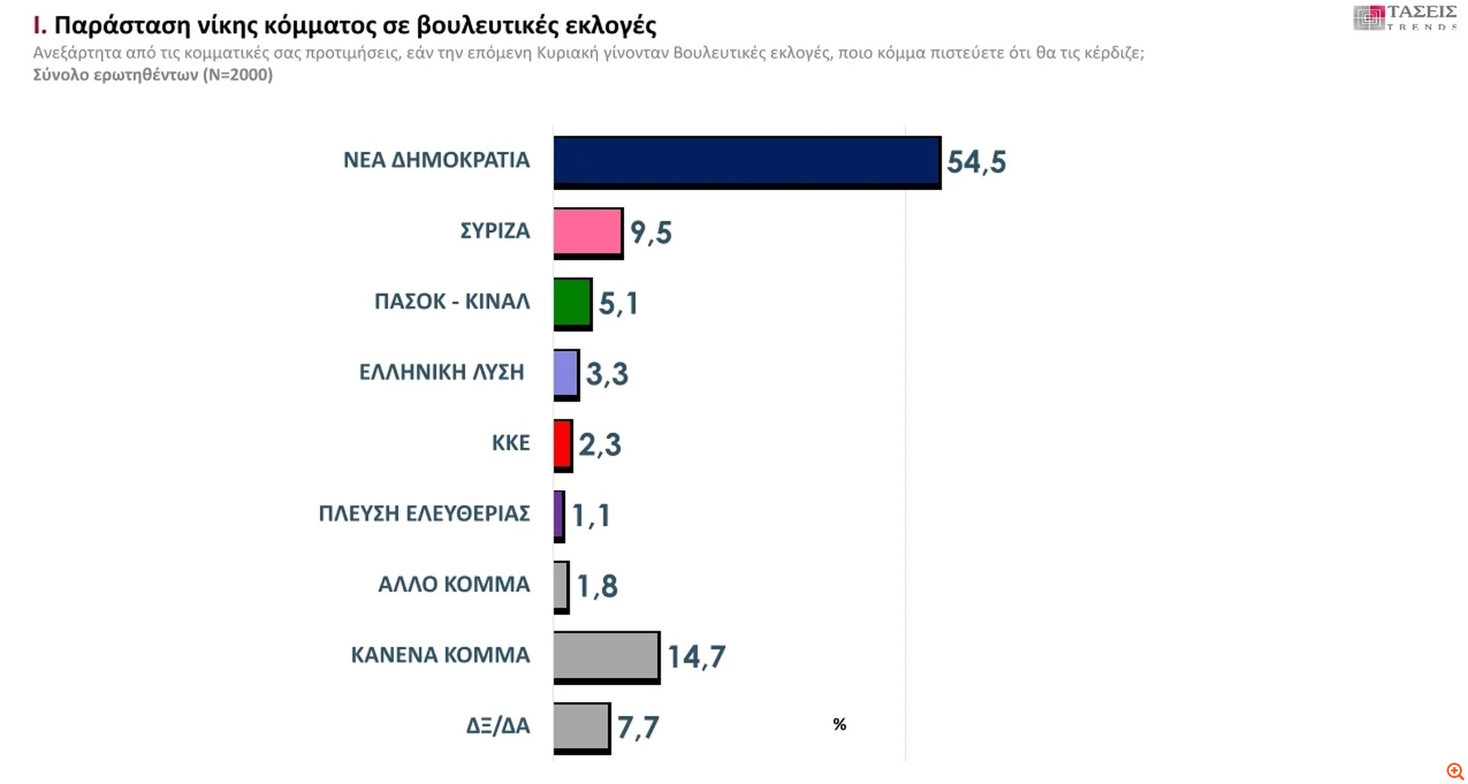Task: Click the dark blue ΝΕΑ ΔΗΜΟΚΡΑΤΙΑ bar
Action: pyautogui.click(x=746, y=161)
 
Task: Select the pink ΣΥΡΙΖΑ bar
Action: pyautogui.click(x=587, y=233)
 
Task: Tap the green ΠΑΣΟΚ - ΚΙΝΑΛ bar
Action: pyautogui.click(x=572, y=302)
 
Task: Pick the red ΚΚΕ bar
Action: pyautogui.click(x=562, y=444)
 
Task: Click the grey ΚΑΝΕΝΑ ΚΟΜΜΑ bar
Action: pyautogui.click(x=606, y=656)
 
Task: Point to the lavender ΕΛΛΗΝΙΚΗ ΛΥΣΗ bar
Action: pyautogui.click(x=566, y=374)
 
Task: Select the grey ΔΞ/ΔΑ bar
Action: pyautogui.click(x=581, y=727)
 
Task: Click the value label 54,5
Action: pyautogui.click(x=975, y=162)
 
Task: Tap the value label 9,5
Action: pyautogui.click(x=650, y=233)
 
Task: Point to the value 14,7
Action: pyautogui.click(x=696, y=657)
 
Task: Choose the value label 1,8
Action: pyautogui.click(x=597, y=587)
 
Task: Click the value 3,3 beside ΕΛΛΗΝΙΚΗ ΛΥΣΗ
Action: pyautogui.click(x=606, y=374)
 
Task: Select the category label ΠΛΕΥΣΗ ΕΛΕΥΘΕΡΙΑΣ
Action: pyautogui.click(x=424, y=514)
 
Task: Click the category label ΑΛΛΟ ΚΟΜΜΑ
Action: pyautogui.click(x=454, y=584)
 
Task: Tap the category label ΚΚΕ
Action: pyautogui.click(x=510, y=443)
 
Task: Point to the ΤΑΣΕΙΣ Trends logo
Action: pyautogui.click(x=1404, y=18)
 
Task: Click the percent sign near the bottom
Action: pyautogui.click(x=840, y=725)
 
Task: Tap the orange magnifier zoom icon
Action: pyautogui.click(x=1455, y=771)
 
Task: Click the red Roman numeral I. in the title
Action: pyautogui.click(x=40, y=26)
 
